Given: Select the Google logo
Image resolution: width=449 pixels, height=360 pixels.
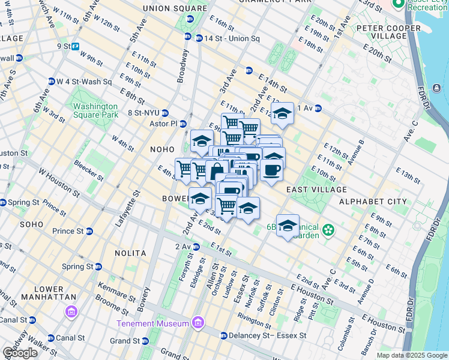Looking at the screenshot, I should point(20,353).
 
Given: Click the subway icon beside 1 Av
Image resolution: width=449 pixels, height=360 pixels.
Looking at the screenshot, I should point(318,109).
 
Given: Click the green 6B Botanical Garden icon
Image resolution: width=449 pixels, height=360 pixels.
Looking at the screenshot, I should point(328,230).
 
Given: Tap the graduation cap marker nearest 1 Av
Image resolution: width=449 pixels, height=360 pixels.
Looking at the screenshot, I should point(282,113).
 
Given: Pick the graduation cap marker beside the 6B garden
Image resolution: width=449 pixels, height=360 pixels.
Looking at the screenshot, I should point(288,226).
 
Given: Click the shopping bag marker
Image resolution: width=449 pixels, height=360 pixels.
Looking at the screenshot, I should point(216,171).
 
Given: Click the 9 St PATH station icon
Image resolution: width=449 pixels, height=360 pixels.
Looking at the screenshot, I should point(76,46).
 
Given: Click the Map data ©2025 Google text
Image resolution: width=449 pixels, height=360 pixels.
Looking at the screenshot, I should point(411,355).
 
